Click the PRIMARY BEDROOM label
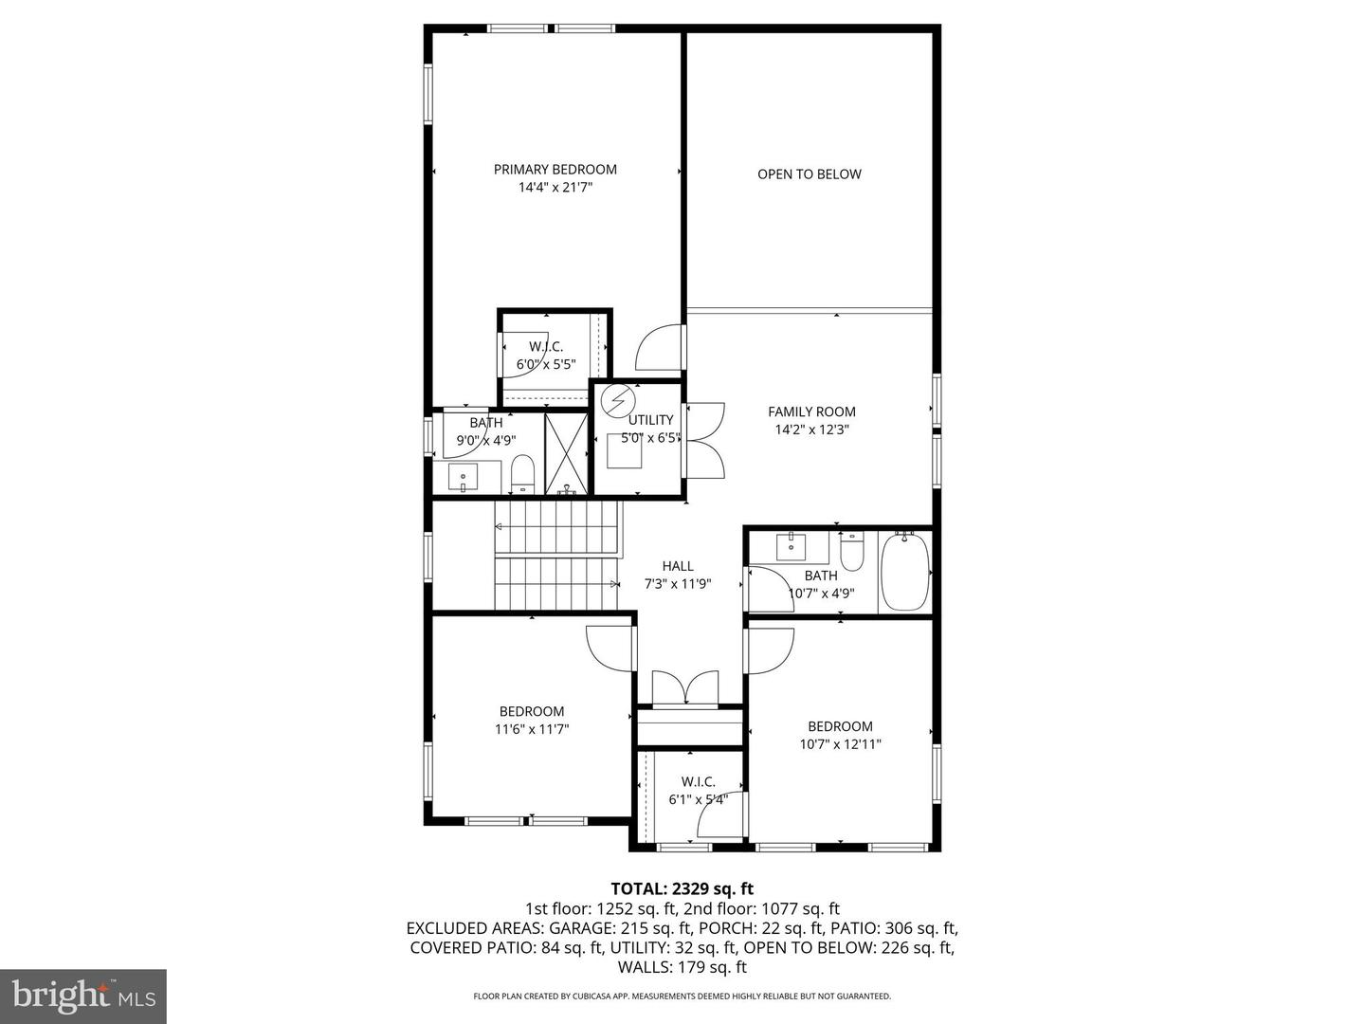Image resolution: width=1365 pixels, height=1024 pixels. tap(555, 170)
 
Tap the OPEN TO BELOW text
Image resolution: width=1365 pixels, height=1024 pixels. tap(809, 174)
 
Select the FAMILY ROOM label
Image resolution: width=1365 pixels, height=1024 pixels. tap(811, 411)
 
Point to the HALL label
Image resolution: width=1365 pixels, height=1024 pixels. tap(678, 566)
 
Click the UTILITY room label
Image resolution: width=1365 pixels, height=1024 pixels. tap(650, 420)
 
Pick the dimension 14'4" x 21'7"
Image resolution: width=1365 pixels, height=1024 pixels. tap(555, 188)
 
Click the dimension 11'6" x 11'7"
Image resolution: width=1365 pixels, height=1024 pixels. tap(532, 729)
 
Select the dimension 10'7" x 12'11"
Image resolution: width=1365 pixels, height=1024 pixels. tap(840, 744)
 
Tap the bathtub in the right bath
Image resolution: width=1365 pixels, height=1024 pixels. tap(904, 574)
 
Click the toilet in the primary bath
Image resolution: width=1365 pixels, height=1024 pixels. tap(523, 473)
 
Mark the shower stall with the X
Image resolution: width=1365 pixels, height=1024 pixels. tap(567, 453)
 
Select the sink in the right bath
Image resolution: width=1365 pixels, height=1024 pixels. tap(791, 547)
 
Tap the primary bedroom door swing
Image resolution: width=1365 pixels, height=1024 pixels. tap(659, 348)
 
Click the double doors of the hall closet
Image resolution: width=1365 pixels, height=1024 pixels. tap(685, 687)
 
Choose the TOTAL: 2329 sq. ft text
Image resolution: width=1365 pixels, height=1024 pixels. tap(682, 888)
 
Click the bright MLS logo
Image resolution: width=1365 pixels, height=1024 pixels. tap(83, 996)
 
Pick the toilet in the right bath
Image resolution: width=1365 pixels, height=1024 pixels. tap(852, 552)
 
